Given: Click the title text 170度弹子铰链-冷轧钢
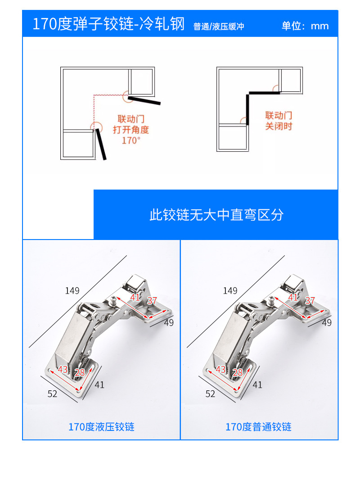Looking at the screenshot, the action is click(x=108, y=24).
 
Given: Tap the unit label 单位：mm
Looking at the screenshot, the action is click(x=305, y=26).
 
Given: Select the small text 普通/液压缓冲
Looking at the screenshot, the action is click(x=219, y=27).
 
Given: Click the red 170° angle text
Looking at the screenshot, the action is click(x=131, y=140).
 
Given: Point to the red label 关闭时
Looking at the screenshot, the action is click(x=279, y=126).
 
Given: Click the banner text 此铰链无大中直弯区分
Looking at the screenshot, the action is click(x=216, y=215).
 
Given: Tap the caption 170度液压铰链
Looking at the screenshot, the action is click(x=101, y=427).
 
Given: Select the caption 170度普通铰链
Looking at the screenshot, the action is click(x=258, y=427).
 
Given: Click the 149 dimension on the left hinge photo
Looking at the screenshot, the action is click(x=72, y=290).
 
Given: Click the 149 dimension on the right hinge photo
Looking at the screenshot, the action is click(x=230, y=290).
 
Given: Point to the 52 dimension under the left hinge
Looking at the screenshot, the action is click(x=53, y=394).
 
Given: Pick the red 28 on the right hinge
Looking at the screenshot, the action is click(x=238, y=372).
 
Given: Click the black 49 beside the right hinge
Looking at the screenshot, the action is click(x=327, y=322).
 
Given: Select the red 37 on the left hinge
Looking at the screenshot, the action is click(x=152, y=301).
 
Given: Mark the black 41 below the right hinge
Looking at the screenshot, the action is click(x=257, y=385).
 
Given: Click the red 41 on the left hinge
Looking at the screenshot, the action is click(x=135, y=297).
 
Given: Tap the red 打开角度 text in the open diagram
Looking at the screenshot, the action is click(x=131, y=130).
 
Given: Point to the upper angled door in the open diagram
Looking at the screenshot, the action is click(x=144, y=100).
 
